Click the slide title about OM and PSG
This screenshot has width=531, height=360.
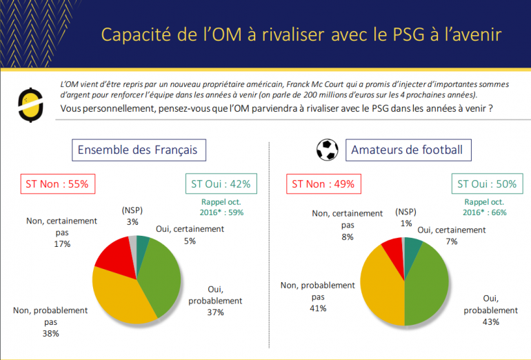tap(300, 34)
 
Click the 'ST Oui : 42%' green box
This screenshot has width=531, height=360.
tap(221, 184)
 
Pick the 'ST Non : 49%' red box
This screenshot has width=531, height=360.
tap(323, 184)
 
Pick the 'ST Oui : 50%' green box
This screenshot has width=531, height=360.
tap(485, 184)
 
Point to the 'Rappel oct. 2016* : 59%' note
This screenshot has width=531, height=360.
tap(222, 207)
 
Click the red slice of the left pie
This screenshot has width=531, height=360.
tap(112, 254)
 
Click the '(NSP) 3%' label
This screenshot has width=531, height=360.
tap(132, 216)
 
